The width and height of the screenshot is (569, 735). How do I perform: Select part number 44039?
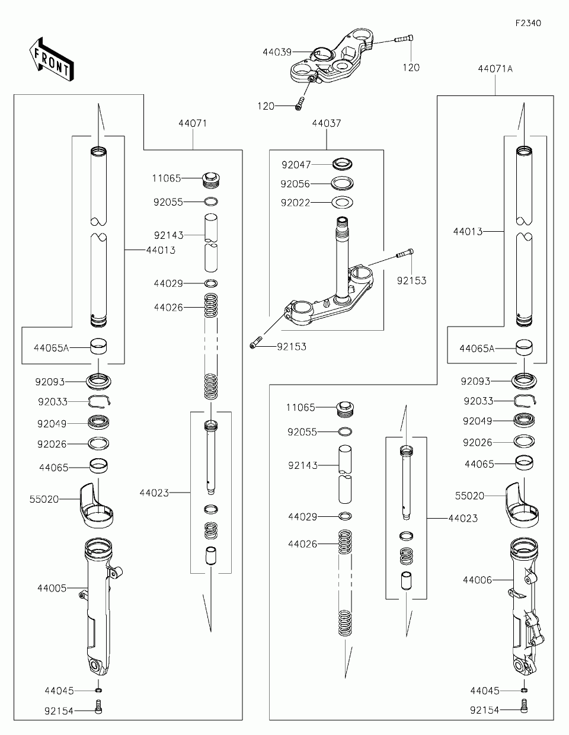click(x=277, y=52)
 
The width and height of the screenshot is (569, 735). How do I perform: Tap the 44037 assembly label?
click(x=327, y=123)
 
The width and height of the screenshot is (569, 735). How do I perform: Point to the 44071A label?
click(x=495, y=68)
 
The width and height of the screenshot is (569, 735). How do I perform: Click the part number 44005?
click(x=52, y=588)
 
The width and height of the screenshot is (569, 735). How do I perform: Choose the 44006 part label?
click(x=477, y=580)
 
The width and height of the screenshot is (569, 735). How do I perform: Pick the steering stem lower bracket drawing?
click(x=330, y=296)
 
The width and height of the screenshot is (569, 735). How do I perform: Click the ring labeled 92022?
click(x=343, y=203)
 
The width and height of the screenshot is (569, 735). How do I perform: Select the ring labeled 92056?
click(x=343, y=183)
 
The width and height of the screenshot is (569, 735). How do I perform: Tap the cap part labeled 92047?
click(x=343, y=164)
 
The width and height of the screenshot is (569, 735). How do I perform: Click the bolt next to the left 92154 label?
click(x=99, y=707)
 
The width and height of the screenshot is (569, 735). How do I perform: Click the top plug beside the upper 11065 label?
click(x=212, y=178)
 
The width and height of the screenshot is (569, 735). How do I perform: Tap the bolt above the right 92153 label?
click(x=405, y=254)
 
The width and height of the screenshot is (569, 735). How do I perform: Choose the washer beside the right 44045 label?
click(x=525, y=691)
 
